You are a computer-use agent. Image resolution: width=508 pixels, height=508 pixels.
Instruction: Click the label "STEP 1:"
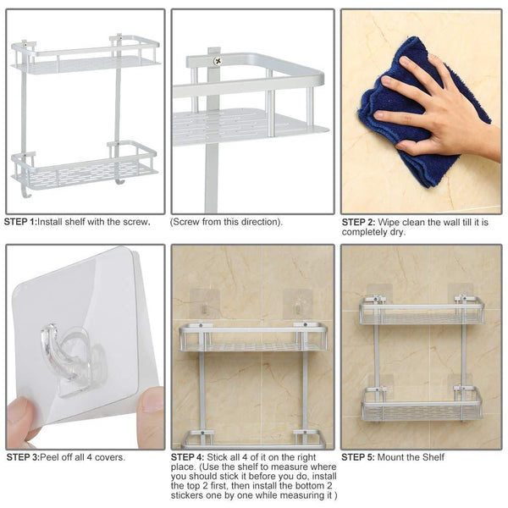(x=20, y=222)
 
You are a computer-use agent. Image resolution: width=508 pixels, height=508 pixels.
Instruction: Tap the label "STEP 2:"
(x=359, y=222)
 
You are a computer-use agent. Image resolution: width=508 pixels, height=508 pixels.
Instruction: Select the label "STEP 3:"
(x=23, y=457)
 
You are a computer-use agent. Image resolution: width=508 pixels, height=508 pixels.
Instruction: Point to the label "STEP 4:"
(x=188, y=457)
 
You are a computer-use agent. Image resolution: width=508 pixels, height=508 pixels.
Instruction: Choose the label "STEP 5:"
(x=358, y=457)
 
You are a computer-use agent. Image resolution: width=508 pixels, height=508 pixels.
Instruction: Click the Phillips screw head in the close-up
(x=218, y=61)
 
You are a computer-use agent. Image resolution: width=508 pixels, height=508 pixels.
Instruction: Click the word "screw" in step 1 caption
(x=135, y=222)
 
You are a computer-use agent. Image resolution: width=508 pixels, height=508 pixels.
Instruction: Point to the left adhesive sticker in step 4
(x=205, y=304)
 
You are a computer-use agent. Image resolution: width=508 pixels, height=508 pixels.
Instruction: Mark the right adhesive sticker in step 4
(x=298, y=304)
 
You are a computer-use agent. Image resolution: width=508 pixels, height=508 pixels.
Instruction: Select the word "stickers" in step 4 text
(x=185, y=495)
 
